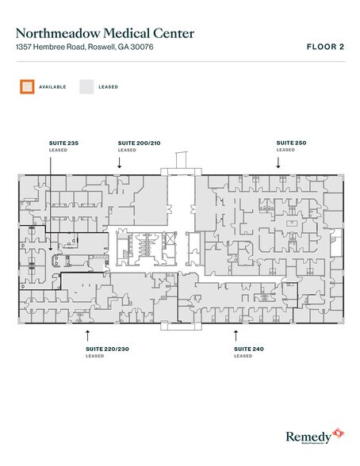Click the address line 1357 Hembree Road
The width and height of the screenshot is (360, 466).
55,48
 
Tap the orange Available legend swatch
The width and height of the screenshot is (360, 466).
27,86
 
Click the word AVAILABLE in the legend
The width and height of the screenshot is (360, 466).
52,86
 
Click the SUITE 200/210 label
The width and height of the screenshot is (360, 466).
137,143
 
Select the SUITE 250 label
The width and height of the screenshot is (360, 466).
289,143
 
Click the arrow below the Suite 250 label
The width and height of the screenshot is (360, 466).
278,162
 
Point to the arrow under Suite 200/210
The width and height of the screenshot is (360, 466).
119,162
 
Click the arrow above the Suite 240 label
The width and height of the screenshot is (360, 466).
236,335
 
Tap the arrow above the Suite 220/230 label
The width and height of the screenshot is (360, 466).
87,335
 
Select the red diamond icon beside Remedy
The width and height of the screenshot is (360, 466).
339,432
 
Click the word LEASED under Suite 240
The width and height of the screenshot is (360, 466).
243,356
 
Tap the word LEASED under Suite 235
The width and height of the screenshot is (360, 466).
58,150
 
